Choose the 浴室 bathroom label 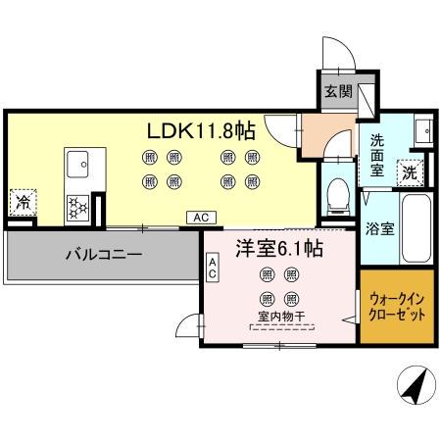coord(380,229)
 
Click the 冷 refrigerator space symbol coord(24,204)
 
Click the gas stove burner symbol coord(77,206)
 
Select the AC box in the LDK coord(199,217)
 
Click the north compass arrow coord(414,385)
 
